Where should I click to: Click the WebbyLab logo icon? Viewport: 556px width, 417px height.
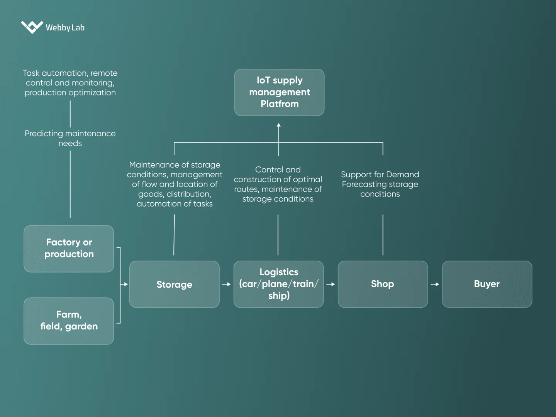point(32,27)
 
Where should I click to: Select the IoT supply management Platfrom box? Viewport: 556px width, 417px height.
point(279,92)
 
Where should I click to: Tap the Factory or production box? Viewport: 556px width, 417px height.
point(69,249)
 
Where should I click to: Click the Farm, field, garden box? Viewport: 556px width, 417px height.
point(69,321)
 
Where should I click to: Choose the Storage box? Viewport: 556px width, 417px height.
point(174,284)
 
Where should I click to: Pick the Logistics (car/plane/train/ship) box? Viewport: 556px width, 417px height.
point(278,284)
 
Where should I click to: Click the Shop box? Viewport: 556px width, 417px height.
point(383,284)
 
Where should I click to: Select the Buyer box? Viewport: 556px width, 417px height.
point(487,284)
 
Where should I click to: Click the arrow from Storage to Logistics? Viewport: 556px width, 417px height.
point(226,284)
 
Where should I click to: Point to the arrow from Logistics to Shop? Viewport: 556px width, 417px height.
point(331,284)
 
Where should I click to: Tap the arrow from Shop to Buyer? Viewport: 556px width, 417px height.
point(435,284)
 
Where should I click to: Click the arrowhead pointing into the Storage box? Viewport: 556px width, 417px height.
point(125,284)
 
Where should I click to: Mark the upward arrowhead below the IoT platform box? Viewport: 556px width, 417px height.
point(279,125)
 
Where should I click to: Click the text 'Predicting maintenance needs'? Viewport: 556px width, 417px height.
point(70,138)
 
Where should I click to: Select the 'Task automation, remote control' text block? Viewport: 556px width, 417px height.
point(70,83)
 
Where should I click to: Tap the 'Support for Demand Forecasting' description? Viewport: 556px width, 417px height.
point(380,184)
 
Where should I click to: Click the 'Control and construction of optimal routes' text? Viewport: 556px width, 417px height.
point(278,184)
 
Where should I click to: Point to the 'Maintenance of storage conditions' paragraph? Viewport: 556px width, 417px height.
point(175,184)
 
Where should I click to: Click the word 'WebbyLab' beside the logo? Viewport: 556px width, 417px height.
point(65,27)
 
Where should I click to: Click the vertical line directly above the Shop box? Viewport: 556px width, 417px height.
point(383,235)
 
